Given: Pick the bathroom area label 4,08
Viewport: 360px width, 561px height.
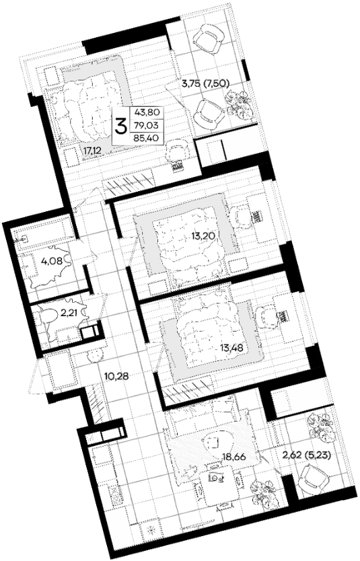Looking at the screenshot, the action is tap(52, 261).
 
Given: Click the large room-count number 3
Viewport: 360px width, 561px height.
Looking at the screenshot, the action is tap(120, 126).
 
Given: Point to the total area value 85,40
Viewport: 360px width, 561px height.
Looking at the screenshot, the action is tap(146, 137).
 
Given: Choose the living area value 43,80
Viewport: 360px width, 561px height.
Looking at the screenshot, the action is tap(146, 113).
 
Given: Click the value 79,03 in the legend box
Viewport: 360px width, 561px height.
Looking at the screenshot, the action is tap(146, 125).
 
